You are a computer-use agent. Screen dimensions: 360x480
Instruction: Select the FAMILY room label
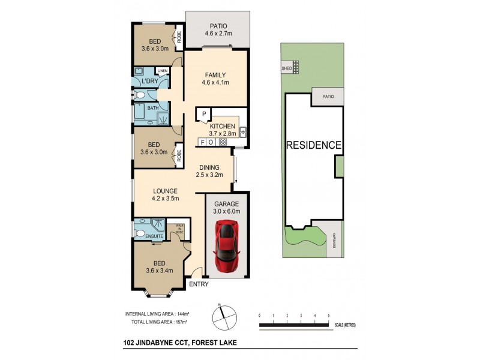click(x=216, y=79)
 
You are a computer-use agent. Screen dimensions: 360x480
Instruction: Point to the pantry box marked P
click(x=203, y=113)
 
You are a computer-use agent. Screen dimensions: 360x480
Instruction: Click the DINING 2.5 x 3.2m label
click(x=209, y=171)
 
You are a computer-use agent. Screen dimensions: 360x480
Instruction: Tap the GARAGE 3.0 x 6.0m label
click(x=227, y=208)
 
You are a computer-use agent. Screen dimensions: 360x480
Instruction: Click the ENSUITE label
click(x=145, y=236)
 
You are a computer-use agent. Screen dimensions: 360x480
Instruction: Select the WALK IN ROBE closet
click(x=179, y=228)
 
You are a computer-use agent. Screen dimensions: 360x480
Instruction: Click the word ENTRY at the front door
click(x=198, y=284)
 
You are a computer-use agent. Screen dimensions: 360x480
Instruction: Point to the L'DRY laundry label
click(x=150, y=81)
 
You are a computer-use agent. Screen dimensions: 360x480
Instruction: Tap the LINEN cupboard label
click(x=162, y=71)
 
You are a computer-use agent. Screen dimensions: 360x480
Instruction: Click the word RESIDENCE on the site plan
click(x=314, y=145)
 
